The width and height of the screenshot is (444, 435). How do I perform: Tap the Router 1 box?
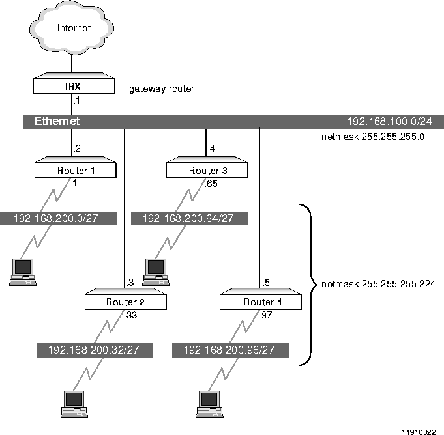pos(75,171)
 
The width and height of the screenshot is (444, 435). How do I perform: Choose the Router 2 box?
pos(125,302)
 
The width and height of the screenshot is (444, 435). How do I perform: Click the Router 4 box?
pos(260,302)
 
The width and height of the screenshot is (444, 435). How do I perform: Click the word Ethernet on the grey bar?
pos(57,121)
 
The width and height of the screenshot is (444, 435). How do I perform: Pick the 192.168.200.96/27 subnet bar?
pos(229,350)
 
